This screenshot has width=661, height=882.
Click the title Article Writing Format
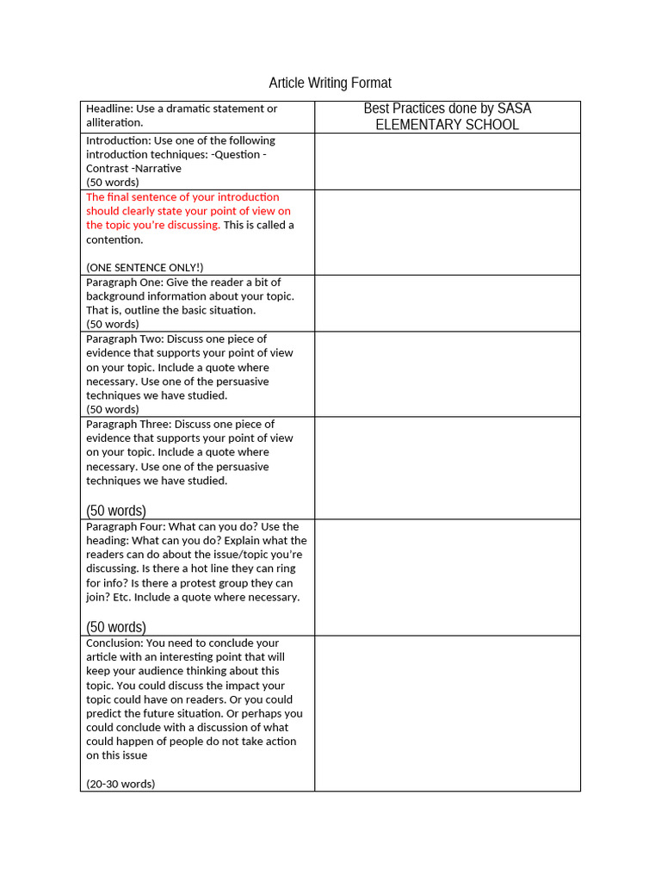(x=330, y=83)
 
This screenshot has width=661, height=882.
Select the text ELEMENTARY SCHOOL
(x=447, y=125)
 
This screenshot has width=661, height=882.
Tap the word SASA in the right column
(x=515, y=109)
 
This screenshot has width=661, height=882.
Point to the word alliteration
(x=114, y=123)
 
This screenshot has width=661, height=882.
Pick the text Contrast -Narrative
(x=133, y=168)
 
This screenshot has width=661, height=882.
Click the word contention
(x=114, y=239)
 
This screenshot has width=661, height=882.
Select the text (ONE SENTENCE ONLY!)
(x=145, y=267)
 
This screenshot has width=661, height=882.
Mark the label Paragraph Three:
(x=127, y=424)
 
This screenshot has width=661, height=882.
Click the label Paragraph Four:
(x=125, y=526)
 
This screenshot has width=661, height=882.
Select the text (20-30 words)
(x=120, y=784)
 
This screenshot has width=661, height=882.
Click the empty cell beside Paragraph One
(x=447, y=303)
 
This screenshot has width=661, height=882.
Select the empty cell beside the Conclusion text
(x=447, y=713)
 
